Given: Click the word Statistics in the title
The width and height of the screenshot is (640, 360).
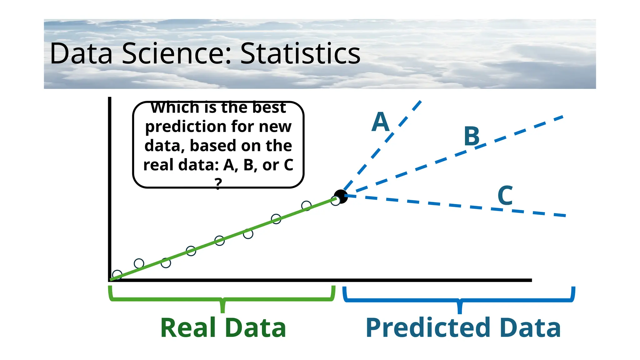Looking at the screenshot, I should coord(300,54).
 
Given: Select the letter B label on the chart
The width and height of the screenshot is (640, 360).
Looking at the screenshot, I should coord(472,136).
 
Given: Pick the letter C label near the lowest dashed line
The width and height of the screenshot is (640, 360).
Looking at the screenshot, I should coord(505,195).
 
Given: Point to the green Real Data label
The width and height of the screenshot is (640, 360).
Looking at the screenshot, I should coord(223,327).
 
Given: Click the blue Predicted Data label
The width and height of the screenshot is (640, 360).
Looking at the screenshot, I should coord(463,327).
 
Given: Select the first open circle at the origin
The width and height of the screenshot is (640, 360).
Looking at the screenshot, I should coord(117,275).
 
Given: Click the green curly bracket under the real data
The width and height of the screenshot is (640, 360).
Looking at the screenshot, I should coord(222,299).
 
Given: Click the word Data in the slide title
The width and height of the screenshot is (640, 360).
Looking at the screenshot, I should coord(81,54).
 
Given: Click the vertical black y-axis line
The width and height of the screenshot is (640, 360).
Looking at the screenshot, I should coord(110,187).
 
